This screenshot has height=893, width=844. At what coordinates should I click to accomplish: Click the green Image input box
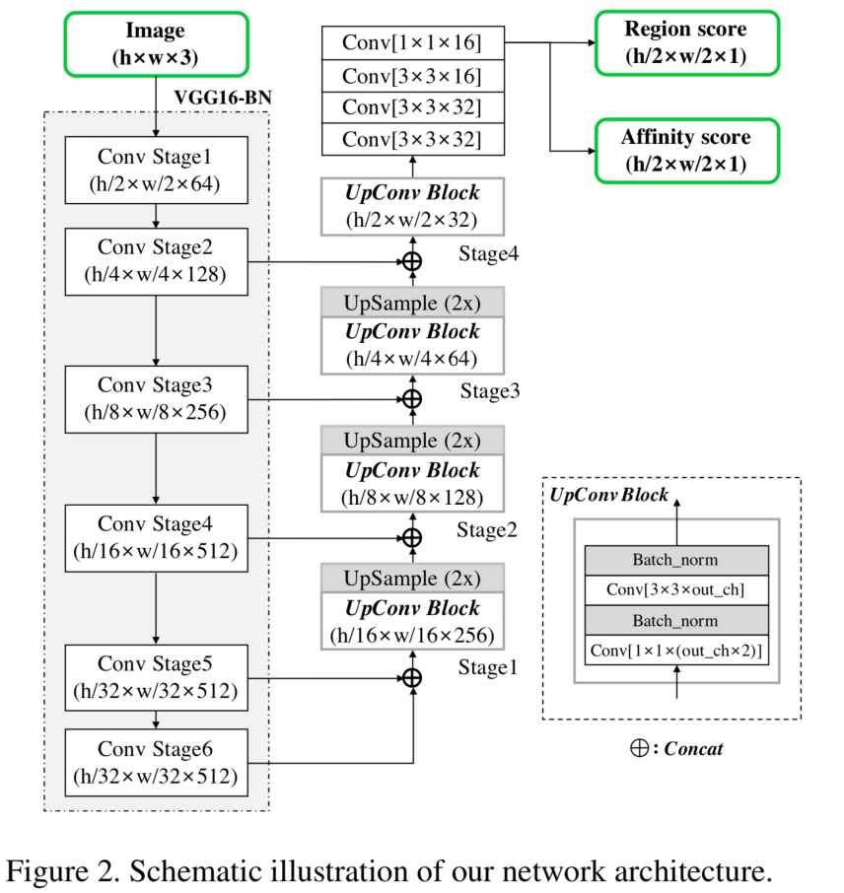click(x=156, y=43)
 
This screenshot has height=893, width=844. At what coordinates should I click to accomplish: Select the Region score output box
click(x=686, y=42)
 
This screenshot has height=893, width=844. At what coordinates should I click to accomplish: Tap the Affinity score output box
click(x=686, y=151)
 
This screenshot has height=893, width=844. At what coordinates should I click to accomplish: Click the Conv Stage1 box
click(x=156, y=170)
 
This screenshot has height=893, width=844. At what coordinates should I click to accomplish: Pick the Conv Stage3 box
click(x=156, y=399)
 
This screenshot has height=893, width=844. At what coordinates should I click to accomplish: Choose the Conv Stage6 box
click(x=156, y=763)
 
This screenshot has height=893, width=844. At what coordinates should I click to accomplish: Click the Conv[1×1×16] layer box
click(x=412, y=42)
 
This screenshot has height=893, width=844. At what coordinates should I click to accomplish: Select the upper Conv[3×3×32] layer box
click(x=412, y=107)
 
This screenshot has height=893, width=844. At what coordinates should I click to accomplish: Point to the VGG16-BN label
click(x=223, y=98)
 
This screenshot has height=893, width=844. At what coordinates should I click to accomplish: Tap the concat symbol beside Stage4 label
click(x=412, y=261)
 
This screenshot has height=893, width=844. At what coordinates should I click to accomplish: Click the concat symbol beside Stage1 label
click(x=412, y=678)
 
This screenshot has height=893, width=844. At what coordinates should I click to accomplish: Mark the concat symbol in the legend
click(x=639, y=748)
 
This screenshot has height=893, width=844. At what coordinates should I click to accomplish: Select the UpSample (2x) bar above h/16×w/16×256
click(x=412, y=578)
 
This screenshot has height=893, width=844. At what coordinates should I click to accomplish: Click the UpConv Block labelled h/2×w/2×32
click(x=412, y=206)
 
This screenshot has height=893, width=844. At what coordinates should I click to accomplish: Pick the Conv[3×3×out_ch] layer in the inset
click(x=676, y=590)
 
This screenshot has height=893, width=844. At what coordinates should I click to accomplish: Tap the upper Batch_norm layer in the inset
click(x=676, y=561)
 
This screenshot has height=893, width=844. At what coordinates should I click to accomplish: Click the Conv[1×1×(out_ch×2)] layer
click(x=676, y=650)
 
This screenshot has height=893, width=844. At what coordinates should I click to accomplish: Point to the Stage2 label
click(x=487, y=530)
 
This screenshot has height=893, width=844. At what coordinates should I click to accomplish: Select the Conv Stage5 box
click(x=156, y=678)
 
